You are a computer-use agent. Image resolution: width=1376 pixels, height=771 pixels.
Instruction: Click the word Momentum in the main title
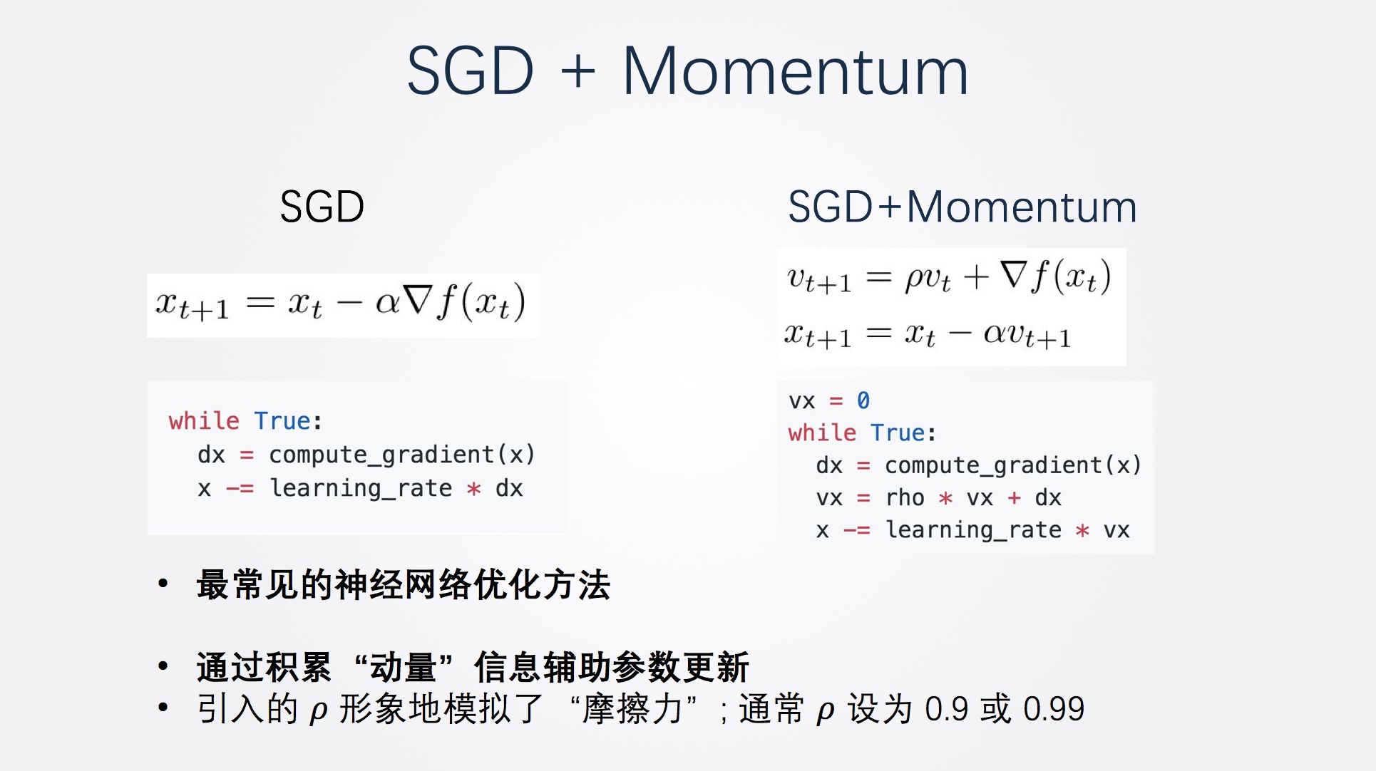[x=795, y=71]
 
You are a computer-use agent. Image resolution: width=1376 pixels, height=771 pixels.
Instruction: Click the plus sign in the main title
[x=577, y=71]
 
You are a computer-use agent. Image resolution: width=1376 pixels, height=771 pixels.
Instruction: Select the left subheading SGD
[x=322, y=207]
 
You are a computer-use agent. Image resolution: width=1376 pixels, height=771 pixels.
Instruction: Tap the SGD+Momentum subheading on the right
[x=962, y=207]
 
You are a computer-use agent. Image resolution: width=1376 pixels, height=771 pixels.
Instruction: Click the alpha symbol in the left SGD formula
[x=388, y=303]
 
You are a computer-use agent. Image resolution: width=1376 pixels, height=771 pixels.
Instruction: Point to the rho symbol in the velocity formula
[x=915, y=279]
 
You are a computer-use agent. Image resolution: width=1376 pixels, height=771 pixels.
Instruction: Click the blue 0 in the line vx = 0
[x=863, y=400]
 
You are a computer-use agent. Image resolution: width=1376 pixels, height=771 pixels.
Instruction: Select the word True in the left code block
[x=282, y=420]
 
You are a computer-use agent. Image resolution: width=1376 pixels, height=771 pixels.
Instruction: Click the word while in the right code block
[x=822, y=432]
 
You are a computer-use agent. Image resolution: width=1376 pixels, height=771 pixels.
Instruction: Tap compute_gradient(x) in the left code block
[x=401, y=455]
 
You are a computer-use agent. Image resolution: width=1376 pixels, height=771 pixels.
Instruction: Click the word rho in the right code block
[x=905, y=497]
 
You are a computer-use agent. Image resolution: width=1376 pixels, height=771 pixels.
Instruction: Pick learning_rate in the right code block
[x=973, y=530]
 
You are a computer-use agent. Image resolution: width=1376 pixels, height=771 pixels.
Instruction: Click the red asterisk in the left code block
[x=473, y=489]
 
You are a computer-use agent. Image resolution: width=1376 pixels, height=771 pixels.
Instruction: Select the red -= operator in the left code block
[x=240, y=489]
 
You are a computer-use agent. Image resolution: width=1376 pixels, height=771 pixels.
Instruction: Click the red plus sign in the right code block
[x=1014, y=498]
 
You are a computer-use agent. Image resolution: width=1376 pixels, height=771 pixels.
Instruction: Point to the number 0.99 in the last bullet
[x=1054, y=709]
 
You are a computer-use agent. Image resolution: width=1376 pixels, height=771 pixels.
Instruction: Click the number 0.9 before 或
[x=947, y=709]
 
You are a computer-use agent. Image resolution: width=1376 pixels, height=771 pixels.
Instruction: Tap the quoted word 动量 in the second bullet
[x=403, y=667]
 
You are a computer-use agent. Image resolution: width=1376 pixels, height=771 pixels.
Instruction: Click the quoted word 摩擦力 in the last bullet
[x=633, y=709]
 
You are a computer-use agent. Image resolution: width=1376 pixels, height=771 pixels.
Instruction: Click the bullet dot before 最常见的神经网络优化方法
[x=163, y=584]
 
